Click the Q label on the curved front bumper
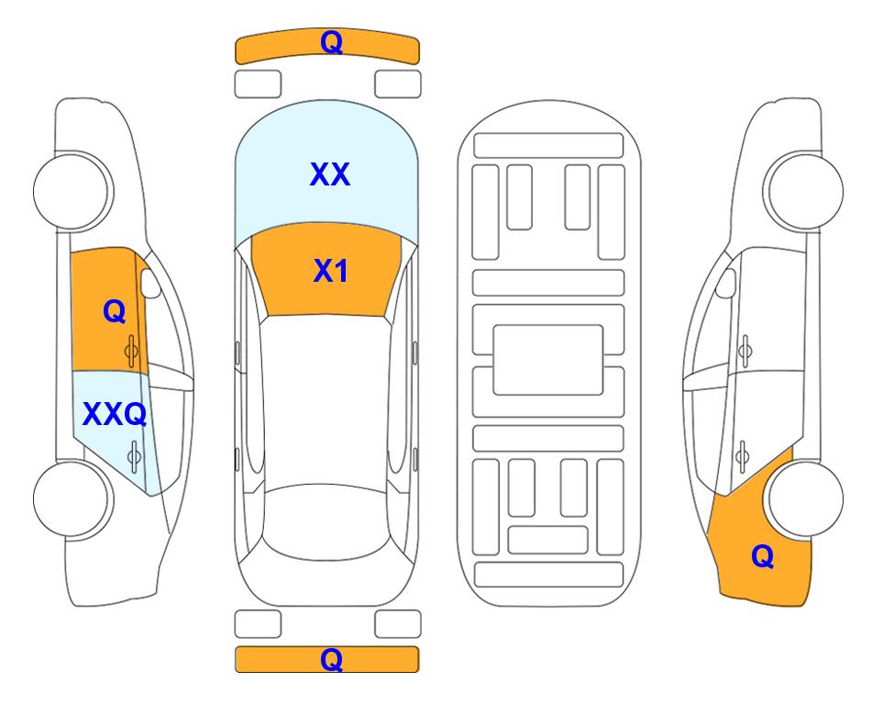331,42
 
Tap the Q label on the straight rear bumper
331,659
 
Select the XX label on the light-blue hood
330,174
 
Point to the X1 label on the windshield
331,271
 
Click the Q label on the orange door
115,311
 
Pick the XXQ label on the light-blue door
115,415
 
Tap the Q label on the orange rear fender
763,556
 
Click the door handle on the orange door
131,351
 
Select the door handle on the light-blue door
134,455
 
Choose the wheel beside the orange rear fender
806,499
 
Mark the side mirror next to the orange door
149,283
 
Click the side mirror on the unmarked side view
726,283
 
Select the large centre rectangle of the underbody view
548,360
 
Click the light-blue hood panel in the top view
326,169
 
